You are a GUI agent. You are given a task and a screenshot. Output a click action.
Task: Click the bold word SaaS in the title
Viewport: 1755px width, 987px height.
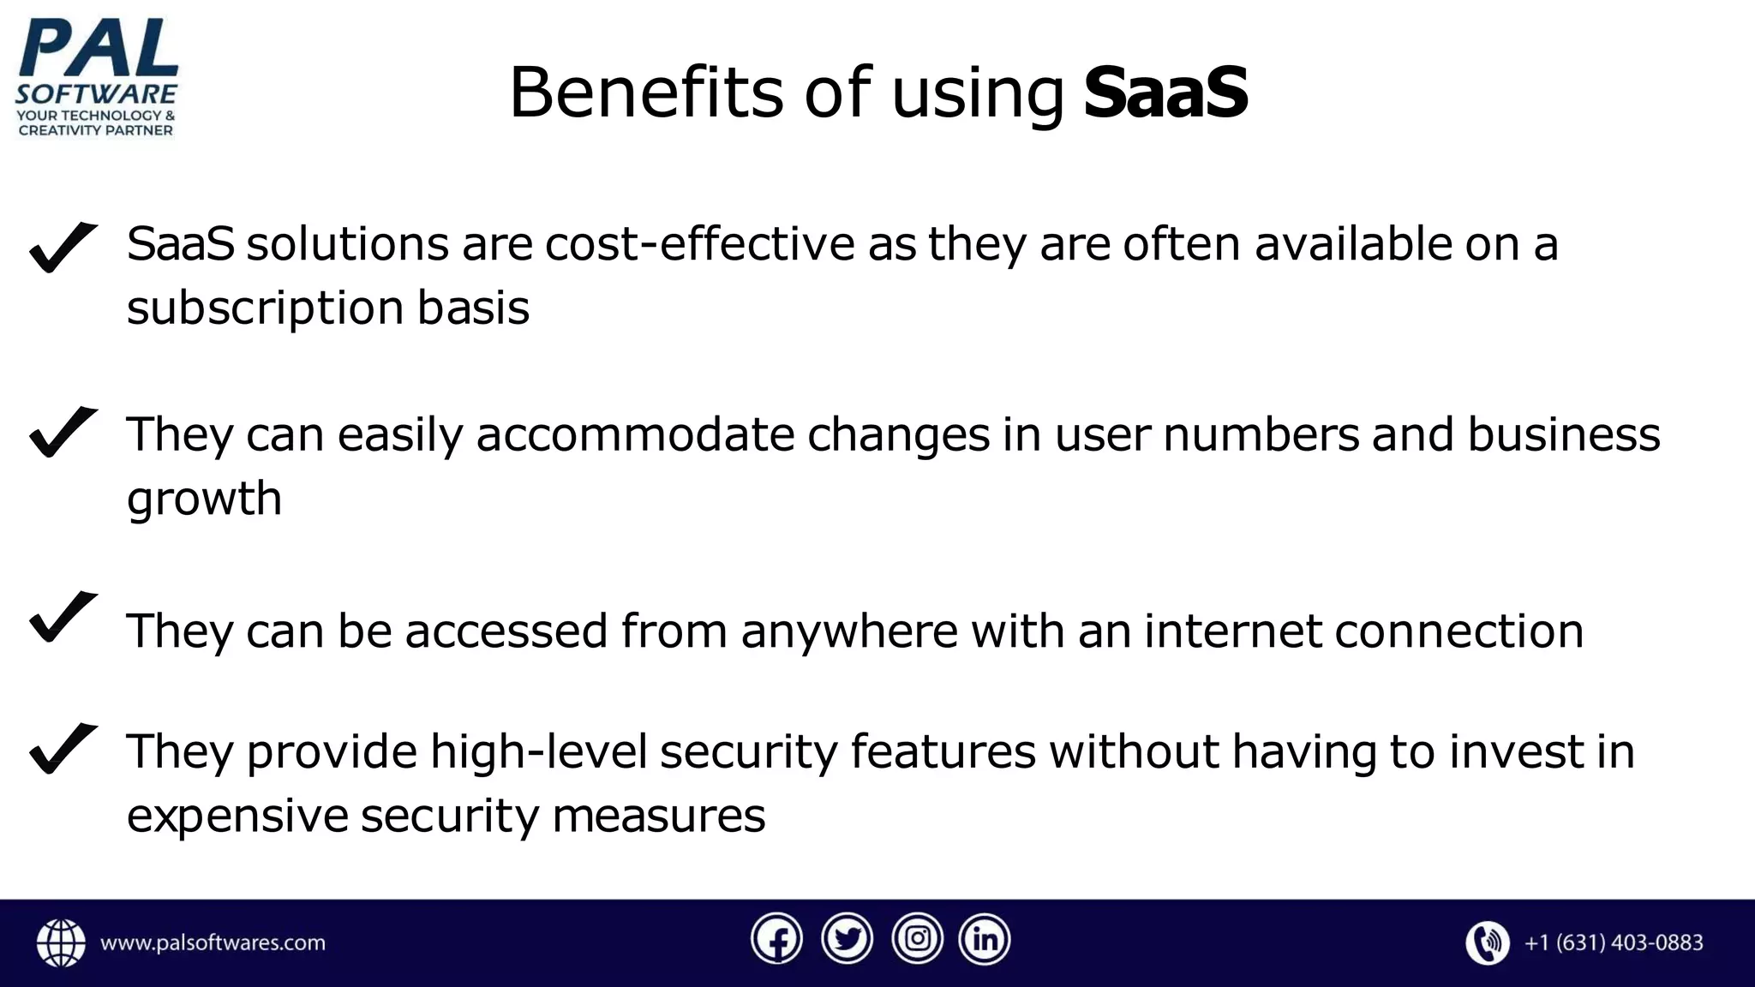tap(1165, 93)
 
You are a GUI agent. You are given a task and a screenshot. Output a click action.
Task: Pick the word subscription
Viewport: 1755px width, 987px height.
tap(265, 308)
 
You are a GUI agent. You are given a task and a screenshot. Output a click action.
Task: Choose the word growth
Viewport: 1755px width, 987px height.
tap(204, 499)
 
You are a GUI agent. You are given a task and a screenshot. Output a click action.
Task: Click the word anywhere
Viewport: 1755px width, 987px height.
tap(849, 631)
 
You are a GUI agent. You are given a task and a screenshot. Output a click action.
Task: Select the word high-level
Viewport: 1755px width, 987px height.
tap(538, 752)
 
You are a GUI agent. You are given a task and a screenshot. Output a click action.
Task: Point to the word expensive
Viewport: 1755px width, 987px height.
tap(237, 816)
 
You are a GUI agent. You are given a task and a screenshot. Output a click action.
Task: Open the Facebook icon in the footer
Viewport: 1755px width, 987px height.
tap(776, 940)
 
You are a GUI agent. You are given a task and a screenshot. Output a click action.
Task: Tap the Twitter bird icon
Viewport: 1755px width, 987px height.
tap(847, 940)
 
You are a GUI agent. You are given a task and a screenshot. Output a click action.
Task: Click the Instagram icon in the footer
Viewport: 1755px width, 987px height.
tap(917, 940)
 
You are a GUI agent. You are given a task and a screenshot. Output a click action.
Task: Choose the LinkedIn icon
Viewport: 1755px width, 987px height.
tap(985, 940)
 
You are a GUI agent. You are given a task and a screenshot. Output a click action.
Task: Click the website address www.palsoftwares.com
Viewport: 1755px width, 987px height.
tap(213, 943)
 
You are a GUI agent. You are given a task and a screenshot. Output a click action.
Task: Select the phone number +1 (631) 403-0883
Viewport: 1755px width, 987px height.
tap(1613, 943)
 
